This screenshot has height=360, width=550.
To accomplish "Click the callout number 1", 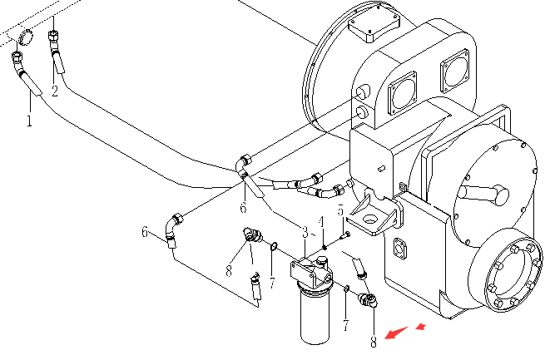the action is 29,121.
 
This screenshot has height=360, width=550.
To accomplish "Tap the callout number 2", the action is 54,91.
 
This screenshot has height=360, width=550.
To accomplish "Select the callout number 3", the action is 305,232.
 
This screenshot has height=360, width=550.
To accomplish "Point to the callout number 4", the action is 321,222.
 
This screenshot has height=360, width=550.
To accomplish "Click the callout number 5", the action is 340,210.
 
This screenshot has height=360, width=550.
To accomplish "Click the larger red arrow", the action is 397,333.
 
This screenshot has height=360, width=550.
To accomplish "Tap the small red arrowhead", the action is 421,327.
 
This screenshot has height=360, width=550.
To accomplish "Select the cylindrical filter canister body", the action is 315,313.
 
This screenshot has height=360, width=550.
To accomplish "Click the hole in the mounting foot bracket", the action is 369,219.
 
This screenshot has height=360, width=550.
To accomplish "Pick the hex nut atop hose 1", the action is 17,56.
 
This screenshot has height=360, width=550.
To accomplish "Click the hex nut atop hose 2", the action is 53,36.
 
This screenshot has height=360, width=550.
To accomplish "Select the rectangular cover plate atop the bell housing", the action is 374,26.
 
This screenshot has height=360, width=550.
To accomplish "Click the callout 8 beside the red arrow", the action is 374,342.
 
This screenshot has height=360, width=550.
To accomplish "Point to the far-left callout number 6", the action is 145,232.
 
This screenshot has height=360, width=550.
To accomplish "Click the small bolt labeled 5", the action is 345,235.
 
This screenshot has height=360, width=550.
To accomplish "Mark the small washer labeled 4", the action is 325,248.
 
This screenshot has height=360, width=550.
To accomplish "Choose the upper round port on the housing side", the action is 363,91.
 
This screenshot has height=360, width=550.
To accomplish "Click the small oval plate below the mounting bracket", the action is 399,249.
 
